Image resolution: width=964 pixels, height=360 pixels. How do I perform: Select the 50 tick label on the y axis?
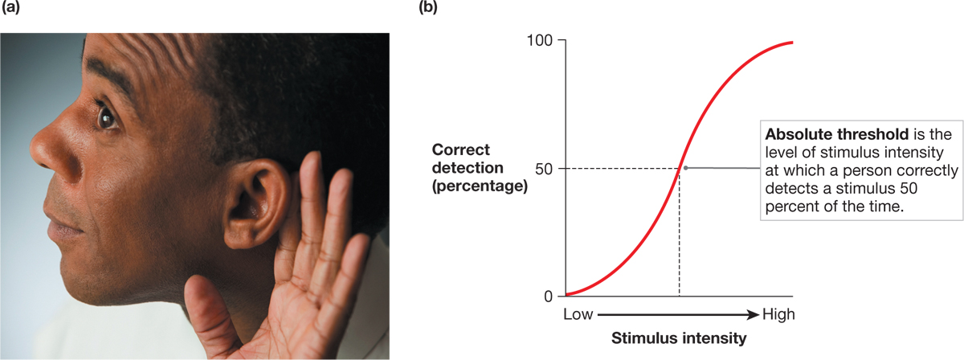click(542, 168)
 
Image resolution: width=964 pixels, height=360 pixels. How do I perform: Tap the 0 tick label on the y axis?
click(548, 296)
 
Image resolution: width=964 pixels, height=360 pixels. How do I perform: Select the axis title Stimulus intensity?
click(679, 338)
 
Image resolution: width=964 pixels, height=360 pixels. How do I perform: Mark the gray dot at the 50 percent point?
click(685, 167)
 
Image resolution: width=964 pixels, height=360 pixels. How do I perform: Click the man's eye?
click(107, 118)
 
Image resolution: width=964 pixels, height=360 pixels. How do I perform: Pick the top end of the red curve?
click(792, 42)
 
